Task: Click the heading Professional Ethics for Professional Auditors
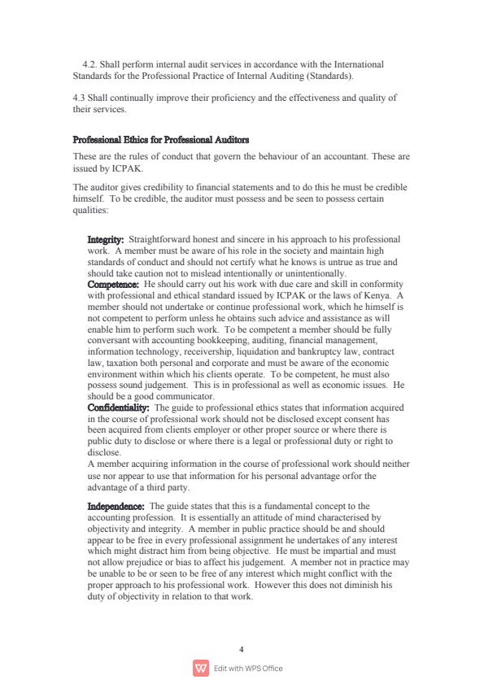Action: tap(161, 140)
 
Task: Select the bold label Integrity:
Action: tap(105, 240)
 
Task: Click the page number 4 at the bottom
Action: tap(242, 649)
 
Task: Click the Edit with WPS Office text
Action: tap(248, 669)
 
